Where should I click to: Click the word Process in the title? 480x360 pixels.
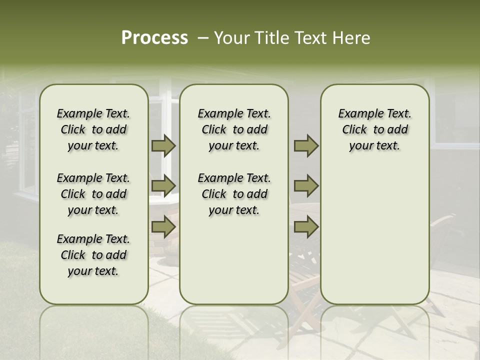[x=154, y=38]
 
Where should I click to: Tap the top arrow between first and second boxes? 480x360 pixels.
[x=163, y=145]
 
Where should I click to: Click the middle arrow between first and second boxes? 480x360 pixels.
[x=163, y=186]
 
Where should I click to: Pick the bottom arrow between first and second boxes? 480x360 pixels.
[x=163, y=227]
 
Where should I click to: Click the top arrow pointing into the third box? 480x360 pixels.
[x=306, y=145]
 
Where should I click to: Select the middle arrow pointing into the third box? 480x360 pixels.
[x=306, y=186]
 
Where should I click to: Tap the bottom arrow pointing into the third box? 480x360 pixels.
[x=306, y=227]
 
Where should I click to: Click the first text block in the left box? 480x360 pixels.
[x=93, y=129]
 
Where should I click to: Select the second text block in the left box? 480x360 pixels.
[x=93, y=194]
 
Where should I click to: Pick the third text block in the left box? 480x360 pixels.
[x=93, y=255]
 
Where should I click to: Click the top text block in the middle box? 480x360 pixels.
[x=234, y=129]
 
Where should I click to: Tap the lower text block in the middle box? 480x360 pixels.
[x=234, y=194]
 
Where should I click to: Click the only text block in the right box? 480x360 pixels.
[x=374, y=129]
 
